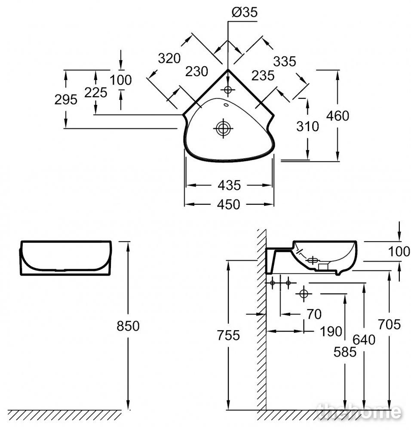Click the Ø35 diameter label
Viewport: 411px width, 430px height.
pyautogui.click(x=245, y=12)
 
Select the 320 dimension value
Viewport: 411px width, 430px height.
pyautogui.click(x=169, y=58)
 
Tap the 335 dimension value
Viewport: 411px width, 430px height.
pyautogui.click(x=285, y=61)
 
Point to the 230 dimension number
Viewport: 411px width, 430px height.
pyautogui.click(x=196, y=71)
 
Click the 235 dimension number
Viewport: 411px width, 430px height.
pyautogui.click(x=263, y=76)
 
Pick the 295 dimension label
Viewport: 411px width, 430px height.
pyautogui.click(x=66, y=100)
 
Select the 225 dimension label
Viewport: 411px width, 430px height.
pyautogui.click(x=96, y=93)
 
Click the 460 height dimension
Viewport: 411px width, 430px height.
pyautogui.click(x=337, y=116)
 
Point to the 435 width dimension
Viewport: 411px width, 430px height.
pyautogui.click(x=229, y=186)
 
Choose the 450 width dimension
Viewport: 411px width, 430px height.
pyautogui.click(x=229, y=205)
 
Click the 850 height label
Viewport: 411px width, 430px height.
pyautogui.click(x=128, y=326)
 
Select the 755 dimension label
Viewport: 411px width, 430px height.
pyautogui.click(x=228, y=335)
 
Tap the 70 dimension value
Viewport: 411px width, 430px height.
pyautogui.click(x=314, y=314)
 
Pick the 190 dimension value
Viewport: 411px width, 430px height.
pyautogui.click(x=331, y=332)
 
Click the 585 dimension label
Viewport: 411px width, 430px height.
pyautogui.click(x=345, y=352)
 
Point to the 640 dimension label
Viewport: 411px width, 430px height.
pyautogui.click(x=364, y=340)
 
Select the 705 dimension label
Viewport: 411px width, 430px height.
pyautogui.click(x=390, y=325)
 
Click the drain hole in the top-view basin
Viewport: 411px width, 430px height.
pyautogui.click(x=223, y=128)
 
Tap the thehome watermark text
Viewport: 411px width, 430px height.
pyautogui.click(x=359, y=412)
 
